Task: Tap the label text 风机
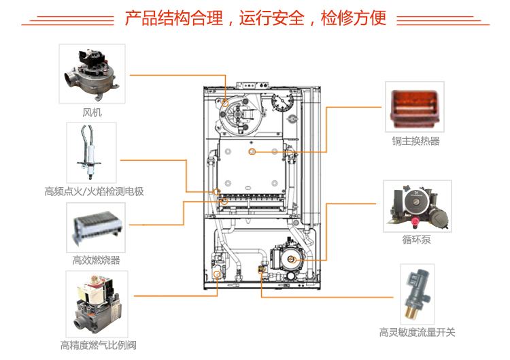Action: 92,112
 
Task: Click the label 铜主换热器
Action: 415,142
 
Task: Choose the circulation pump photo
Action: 416,205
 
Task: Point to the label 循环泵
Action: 416,240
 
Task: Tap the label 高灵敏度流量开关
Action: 417,333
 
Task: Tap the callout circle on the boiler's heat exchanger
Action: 252,150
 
